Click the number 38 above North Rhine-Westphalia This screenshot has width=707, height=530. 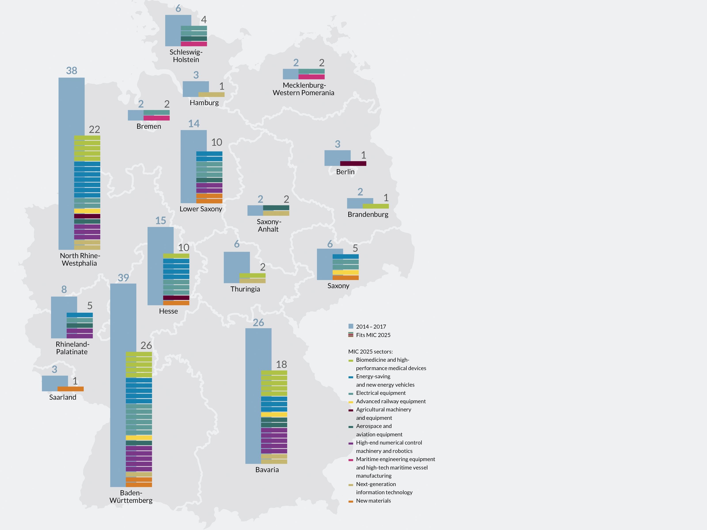pos(72,71)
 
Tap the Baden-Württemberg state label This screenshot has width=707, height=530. pos(131,496)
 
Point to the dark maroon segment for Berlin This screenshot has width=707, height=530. pos(353,164)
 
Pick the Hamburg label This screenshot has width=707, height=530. pos(204,103)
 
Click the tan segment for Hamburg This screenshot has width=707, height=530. pos(211,95)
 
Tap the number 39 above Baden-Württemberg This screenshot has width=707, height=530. pos(123,277)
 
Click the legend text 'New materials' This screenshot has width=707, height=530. pos(373,501)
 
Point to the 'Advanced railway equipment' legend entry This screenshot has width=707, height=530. pos(390,401)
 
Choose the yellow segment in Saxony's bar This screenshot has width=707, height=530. pos(345,272)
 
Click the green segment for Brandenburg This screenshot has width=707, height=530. pos(375,206)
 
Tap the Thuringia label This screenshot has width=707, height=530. pos(245,289)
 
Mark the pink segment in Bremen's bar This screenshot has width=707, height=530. pos(156,118)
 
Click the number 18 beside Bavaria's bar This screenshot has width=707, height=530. pos(281,364)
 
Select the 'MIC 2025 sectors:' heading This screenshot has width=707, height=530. pos(370,352)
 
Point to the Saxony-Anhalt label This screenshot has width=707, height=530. pos(269,225)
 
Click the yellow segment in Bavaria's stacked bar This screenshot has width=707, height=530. pos(274,414)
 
